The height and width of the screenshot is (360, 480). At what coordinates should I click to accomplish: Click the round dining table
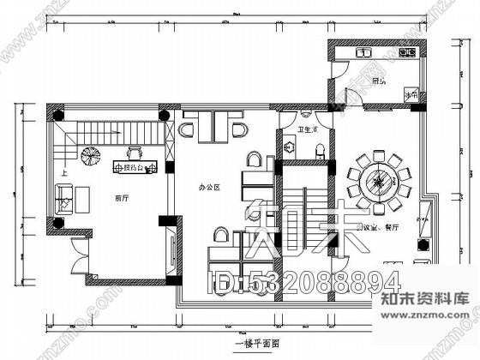pos(378,182)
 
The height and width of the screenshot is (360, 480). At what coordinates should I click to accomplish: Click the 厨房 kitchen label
pos(378,82)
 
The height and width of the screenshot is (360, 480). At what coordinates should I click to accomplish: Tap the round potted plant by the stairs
pos(89,157)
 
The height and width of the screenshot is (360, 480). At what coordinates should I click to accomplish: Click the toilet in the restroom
pos(319,152)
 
